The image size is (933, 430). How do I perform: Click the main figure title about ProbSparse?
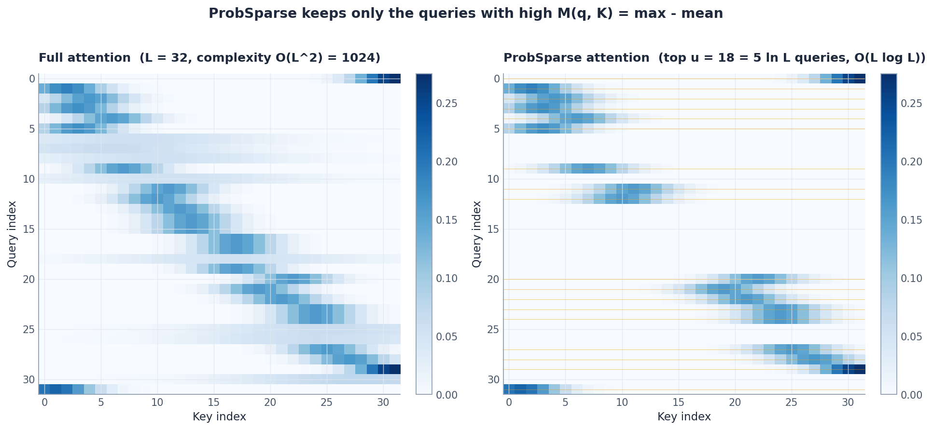[466, 13]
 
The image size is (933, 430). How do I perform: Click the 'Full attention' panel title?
[209, 58]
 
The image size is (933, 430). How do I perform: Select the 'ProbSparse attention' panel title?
[714, 58]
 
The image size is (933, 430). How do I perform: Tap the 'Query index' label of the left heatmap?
[12, 234]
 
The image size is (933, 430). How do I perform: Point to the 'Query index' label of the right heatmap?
[477, 234]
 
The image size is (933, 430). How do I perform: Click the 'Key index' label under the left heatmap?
[219, 417]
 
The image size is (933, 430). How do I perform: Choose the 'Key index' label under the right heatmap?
[684, 417]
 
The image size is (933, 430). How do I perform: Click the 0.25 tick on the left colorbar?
[446, 104]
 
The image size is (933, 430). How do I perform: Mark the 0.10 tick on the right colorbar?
[911, 279]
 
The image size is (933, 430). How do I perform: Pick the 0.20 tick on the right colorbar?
[911, 162]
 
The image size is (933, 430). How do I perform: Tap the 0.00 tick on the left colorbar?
[446, 395]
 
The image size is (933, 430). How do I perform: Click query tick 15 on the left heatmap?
[29, 229]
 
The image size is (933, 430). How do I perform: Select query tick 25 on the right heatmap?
[493, 330]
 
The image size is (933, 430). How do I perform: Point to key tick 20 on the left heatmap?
[270, 403]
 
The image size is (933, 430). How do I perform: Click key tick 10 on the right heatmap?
[622, 403]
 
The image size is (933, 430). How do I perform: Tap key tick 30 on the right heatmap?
[848, 403]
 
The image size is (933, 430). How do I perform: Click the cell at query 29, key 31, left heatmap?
[395, 369]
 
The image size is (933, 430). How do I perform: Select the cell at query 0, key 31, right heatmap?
[860, 79]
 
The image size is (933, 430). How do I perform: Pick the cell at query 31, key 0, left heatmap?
[44, 390]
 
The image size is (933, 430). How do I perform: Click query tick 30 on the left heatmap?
[29, 380]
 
